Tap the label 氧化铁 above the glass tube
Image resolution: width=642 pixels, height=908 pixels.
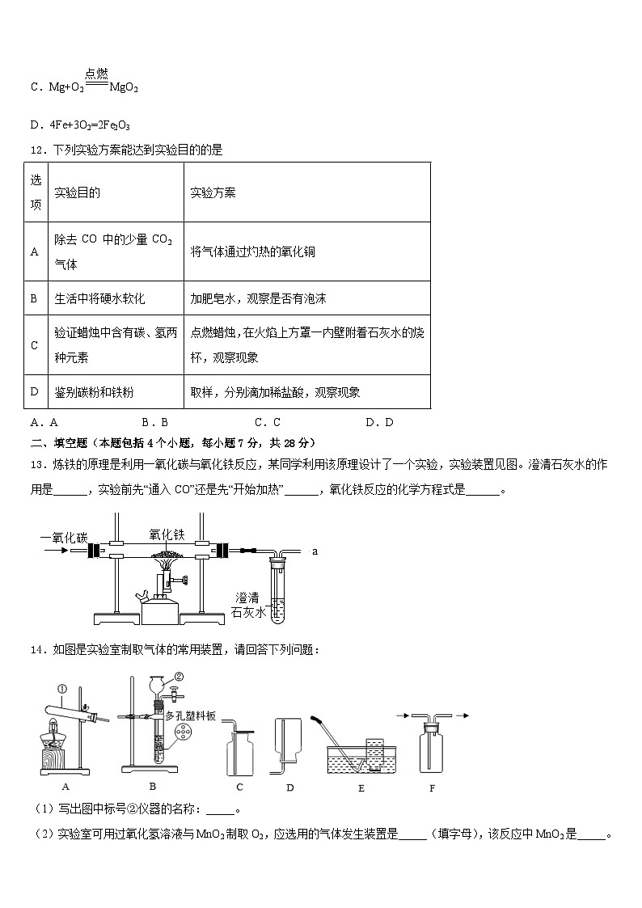click(167, 534)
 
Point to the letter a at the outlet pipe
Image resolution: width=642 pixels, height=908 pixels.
click(315, 551)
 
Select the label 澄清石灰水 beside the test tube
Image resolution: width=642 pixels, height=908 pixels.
click(247, 605)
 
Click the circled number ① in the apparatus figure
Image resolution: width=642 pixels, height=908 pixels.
click(62, 689)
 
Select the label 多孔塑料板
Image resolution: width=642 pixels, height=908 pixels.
click(190, 716)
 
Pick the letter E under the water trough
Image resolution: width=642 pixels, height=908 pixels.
click(361, 787)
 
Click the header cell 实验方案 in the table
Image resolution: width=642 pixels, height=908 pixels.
click(213, 193)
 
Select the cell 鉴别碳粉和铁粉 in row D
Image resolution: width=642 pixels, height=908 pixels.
click(94, 392)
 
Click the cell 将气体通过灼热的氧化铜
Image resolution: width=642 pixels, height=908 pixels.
click(252, 251)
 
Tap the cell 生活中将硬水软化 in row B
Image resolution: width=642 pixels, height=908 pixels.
click(99, 298)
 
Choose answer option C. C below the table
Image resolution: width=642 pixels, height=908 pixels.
click(267, 421)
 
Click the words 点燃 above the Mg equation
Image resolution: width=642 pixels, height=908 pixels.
click(97, 74)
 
